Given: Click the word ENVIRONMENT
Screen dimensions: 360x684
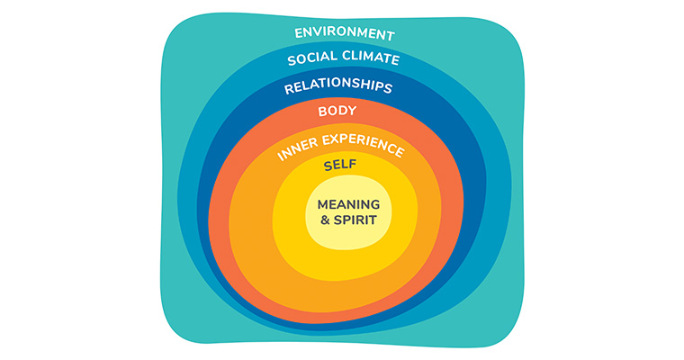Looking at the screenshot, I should (x=344, y=35).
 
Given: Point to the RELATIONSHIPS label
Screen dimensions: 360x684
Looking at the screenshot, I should (x=337, y=87).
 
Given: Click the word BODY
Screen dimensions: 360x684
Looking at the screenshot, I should (x=337, y=112).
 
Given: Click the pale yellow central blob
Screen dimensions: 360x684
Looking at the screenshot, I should (x=348, y=236).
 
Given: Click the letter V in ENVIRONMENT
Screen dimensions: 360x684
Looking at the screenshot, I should (x=318, y=33).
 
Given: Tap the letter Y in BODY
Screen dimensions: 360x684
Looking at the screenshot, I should (x=353, y=112).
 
